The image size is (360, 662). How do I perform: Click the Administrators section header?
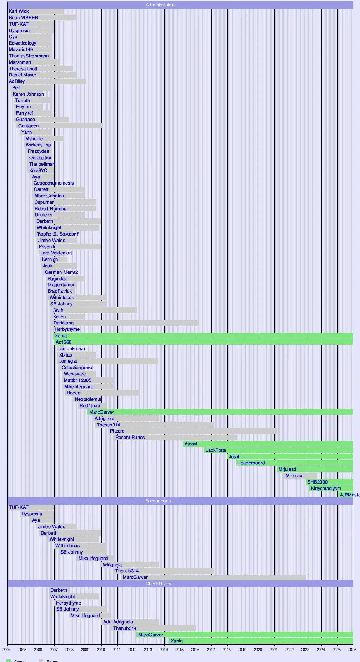tap(160, 5)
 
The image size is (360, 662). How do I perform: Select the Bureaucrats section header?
tap(158, 501)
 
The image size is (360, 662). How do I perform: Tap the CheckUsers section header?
tap(158, 584)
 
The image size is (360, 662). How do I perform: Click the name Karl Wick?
tap(19, 11)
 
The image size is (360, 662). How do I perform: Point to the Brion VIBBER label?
tap(24, 18)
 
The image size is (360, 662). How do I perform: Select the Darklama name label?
tap(64, 323)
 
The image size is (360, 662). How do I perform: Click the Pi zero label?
tap(117, 431)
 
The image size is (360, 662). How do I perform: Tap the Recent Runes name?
tap(130, 438)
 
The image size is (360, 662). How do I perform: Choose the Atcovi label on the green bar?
tap(191, 444)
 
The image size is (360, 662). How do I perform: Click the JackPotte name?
tap(216, 450)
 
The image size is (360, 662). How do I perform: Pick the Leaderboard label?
tap(251, 463)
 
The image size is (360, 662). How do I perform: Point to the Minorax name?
tap(294, 476)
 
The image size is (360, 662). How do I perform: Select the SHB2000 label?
tap(317, 482)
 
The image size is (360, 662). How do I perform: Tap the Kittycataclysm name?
tap(326, 489)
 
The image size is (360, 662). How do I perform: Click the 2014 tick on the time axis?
tap(164, 650)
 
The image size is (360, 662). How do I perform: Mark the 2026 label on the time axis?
tap(352, 650)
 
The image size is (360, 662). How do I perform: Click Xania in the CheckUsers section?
tap(176, 641)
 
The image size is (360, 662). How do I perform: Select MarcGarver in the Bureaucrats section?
tap(135, 577)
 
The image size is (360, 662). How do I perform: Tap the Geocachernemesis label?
tap(54, 183)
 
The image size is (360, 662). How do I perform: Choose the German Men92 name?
tap(61, 272)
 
